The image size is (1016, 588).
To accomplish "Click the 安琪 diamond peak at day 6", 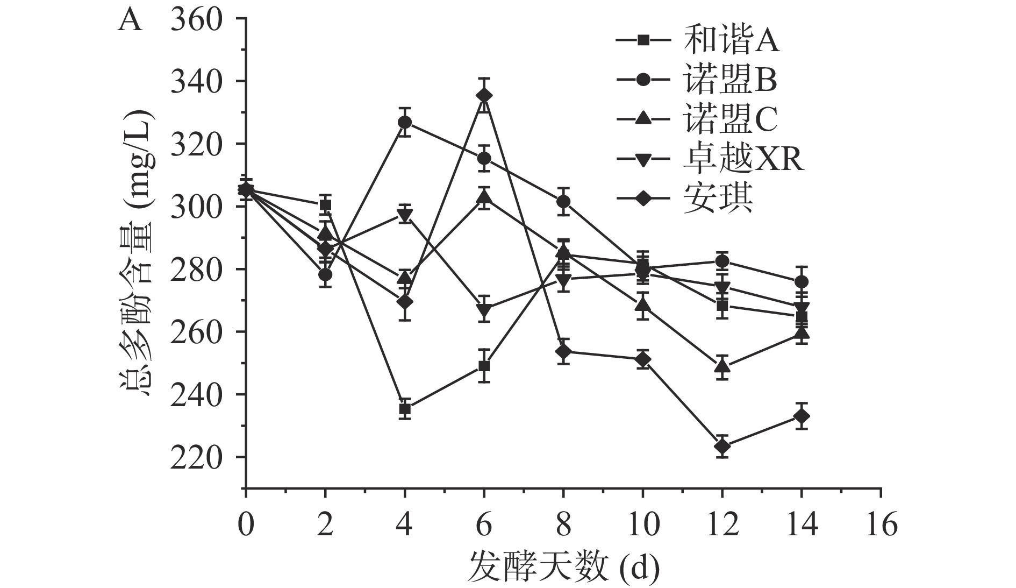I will pyautogui.click(x=484, y=96).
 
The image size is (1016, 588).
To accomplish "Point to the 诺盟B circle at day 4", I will pyautogui.click(x=405, y=123).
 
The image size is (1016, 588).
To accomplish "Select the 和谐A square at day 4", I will pyautogui.click(x=405, y=409).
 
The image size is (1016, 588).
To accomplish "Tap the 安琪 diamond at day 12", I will pyautogui.click(x=722, y=447).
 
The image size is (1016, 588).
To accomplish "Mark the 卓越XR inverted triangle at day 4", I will pyautogui.click(x=405, y=215).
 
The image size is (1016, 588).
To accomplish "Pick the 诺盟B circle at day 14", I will pyautogui.click(x=802, y=282).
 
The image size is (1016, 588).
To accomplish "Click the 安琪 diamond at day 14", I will pyautogui.click(x=802, y=416).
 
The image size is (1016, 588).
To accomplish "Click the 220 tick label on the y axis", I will pyautogui.click(x=196, y=457).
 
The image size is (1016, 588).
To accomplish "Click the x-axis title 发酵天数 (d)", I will pyautogui.click(x=563, y=566).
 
